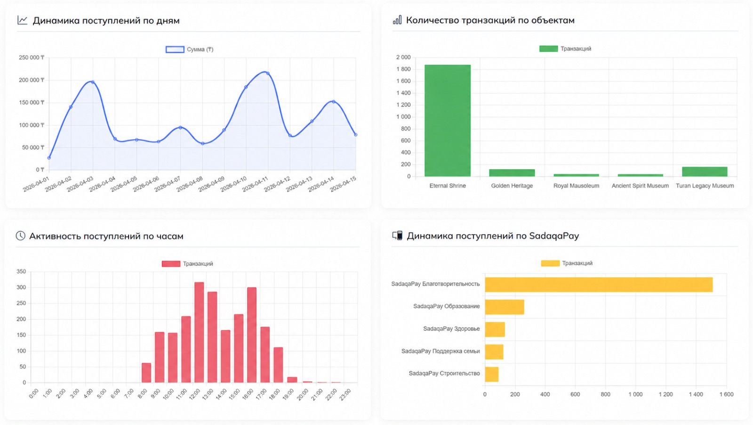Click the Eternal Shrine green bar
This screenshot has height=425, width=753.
pos(448,121)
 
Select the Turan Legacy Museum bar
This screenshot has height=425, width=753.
pos(705,172)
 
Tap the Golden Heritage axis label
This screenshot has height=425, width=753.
pos(512,186)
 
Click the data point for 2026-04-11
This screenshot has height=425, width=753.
pos(268,73)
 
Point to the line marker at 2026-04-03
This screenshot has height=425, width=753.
pos(93,82)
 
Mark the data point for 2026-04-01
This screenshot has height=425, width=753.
pos(49,158)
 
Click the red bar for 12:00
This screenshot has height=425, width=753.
pos(199,333)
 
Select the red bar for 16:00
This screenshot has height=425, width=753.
pos(252,335)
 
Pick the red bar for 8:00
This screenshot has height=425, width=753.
pos(146,373)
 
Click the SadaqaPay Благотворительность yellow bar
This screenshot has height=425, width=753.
pos(599,285)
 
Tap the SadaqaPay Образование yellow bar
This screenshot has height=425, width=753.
pos(505,307)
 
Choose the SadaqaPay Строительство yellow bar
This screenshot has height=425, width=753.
pos(492,374)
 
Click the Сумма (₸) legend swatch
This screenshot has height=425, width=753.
pos(175,49)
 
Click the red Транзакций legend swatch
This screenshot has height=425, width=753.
pos(171,264)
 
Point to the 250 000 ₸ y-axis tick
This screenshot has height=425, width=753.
pos(32,57)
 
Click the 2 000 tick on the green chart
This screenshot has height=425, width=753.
pos(403,57)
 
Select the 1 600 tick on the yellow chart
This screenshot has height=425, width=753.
pos(727,394)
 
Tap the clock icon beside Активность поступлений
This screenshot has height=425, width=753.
pos(21,236)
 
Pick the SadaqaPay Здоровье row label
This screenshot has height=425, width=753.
pos(451,329)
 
